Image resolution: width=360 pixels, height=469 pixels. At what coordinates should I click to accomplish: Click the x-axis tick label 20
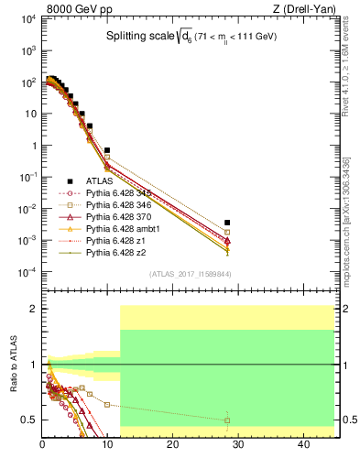pos(172,445)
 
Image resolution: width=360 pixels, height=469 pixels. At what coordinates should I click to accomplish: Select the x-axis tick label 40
pos(302,445)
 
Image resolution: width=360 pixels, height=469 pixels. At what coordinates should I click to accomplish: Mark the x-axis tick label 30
pos(237,445)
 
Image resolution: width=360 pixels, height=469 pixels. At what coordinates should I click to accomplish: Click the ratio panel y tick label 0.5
pos(30,420)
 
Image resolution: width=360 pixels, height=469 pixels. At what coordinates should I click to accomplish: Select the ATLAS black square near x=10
pos(107,150)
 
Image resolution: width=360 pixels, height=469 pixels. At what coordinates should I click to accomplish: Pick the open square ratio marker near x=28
pos(227,420)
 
